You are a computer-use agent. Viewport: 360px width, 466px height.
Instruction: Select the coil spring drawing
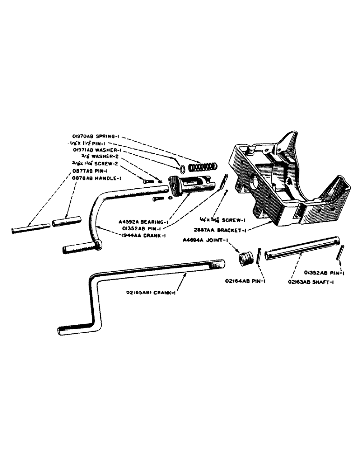(201, 165)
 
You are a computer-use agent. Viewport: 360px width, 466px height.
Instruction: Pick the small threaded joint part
(246, 257)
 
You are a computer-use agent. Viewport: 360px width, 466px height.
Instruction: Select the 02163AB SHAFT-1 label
(306, 281)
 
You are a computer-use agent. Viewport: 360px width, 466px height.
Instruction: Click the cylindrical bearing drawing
(184, 185)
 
